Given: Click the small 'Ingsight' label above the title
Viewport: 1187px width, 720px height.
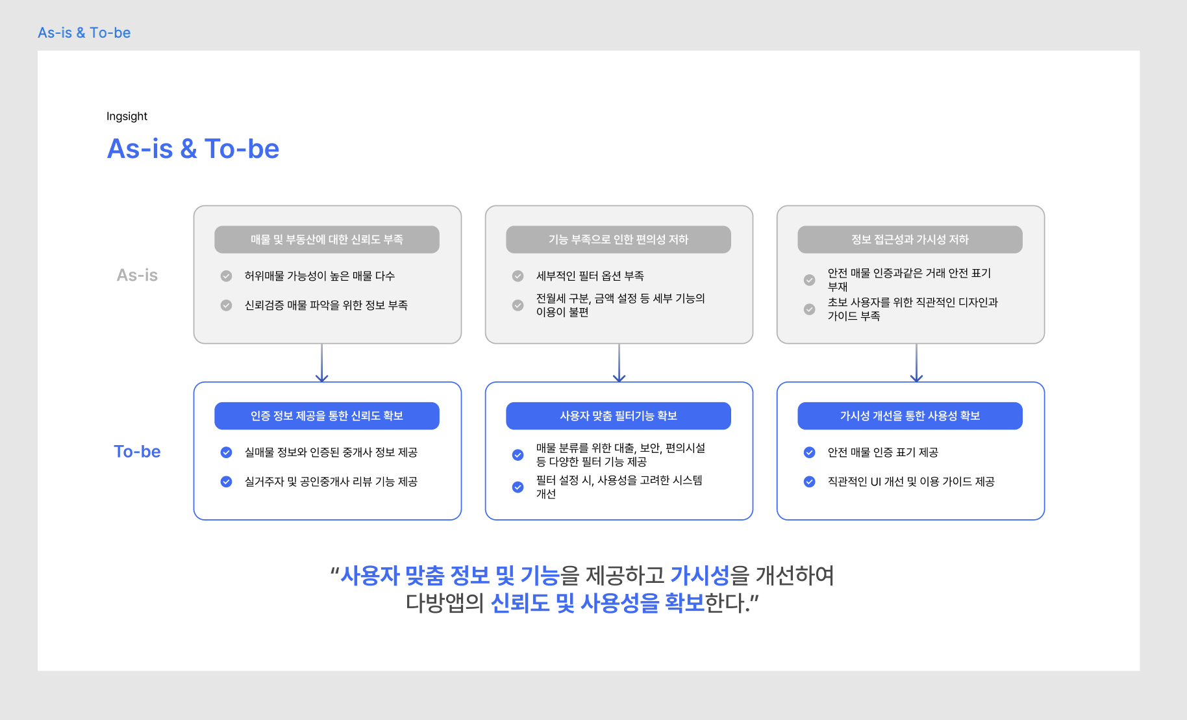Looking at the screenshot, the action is pos(127,116).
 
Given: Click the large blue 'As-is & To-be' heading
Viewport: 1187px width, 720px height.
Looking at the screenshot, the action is pos(193,149).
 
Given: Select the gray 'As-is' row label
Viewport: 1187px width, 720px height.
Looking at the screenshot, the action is pos(137,276).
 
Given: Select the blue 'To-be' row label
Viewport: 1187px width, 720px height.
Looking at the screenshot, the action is pos(137,452).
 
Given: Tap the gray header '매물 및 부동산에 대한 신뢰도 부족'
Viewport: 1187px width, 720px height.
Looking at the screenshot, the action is pos(327,240).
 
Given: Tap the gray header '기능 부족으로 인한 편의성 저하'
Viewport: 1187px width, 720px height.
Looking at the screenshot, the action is pos(618,240).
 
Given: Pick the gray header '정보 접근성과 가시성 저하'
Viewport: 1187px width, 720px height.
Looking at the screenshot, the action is pos(910,240).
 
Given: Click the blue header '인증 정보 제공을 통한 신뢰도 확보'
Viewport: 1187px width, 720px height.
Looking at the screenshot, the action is pos(327,416).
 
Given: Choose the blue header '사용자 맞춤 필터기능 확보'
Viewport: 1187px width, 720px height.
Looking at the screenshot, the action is pos(618,416).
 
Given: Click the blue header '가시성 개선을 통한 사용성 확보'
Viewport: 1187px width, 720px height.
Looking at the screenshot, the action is pos(910,416).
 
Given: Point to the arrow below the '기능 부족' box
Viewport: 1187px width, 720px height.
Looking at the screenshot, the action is pos(619,363).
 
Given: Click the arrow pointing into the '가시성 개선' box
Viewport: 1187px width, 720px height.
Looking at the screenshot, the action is pos(916,363).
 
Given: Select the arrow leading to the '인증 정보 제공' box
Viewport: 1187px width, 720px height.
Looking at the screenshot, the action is pos(322,363).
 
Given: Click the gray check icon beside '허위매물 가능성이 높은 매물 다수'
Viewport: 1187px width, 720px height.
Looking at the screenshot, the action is pos(226,276).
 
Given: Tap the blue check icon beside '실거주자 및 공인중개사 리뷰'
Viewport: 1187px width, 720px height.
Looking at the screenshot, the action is pos(226,482).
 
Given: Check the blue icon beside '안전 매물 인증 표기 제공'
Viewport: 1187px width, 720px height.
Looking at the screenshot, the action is pos(809,452).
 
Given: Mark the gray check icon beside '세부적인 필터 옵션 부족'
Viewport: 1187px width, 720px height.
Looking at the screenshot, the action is pos(518,276).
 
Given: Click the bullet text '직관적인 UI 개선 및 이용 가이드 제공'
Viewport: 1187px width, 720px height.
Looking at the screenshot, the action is pos(910,482).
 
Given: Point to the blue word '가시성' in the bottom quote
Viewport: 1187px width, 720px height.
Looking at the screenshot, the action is pos(700,576).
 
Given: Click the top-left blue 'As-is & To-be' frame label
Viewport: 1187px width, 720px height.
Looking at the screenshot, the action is pos(84,32).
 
